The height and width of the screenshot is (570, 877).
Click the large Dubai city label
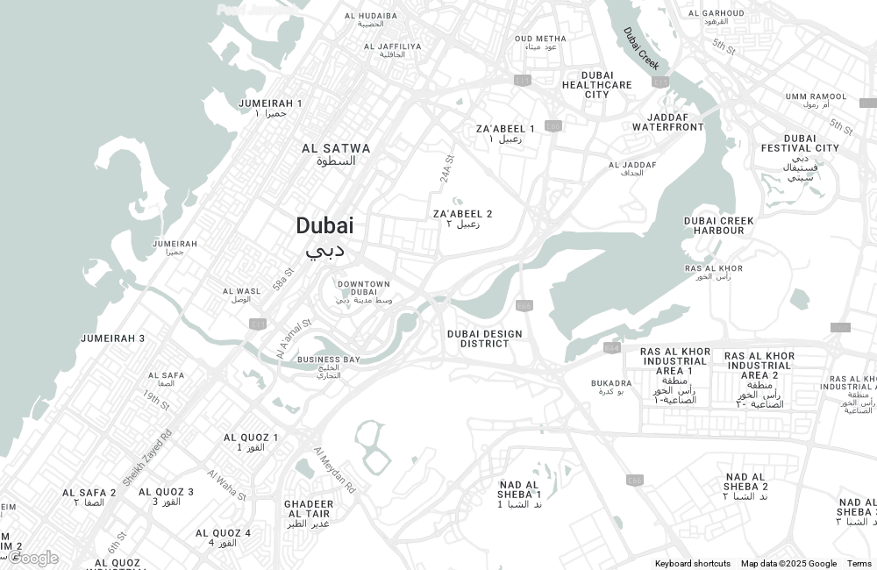(x=324, y=226)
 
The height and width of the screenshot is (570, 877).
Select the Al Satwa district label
(x=336, y=149)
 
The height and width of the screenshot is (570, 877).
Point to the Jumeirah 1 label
(x=270, y=103)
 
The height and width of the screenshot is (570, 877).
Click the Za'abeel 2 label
(x=462, y=214)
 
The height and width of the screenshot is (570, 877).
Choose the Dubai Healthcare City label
(x=597, y=85)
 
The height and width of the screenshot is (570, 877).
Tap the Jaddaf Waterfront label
(x=668, y=122)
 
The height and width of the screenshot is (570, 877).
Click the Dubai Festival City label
(x=800, y=143)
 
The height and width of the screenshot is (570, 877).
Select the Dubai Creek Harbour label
(x=719, y=225)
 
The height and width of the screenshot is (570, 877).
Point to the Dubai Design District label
(x=484, y=338)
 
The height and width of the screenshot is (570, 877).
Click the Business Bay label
(x=328, y=360)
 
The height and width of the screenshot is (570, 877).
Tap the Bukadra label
(x=611, y=383)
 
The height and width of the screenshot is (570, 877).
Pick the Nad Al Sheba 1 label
(x=519, y=489)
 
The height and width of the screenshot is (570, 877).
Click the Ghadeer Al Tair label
(x=309, y=509)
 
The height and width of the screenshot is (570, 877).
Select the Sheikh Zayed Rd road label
(x=147, y=458)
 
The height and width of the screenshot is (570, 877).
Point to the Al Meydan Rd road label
(x=335, y=469)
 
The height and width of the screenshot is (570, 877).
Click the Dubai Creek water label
(x=641, y=48)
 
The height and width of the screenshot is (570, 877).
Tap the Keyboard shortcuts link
(x=692, y=564)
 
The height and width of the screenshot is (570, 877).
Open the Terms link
(x=859, y=564)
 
